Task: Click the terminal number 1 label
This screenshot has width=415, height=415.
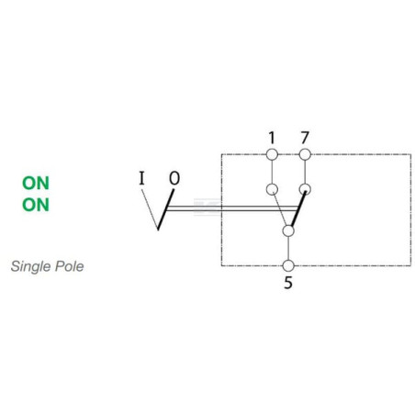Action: (272, 138)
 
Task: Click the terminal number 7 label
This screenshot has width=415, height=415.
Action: (305, 138)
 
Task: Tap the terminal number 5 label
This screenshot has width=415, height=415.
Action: (288, 283)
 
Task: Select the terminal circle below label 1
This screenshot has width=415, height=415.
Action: (272, 154)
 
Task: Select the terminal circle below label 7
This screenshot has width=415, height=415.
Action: (305, 154)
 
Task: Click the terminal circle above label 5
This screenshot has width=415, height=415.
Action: (288, 265)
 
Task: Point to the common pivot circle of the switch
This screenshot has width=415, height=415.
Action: (288, 230)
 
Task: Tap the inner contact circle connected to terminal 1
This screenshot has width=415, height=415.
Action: (272, 189)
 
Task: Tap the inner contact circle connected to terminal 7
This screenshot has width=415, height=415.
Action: (305, 189)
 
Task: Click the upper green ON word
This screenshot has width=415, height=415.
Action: (36, 183)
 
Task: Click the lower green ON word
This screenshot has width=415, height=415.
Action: (36, 205)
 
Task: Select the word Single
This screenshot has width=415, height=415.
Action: (30, 266)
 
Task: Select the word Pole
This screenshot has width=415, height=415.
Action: (69, 266)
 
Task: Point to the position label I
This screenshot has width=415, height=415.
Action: (141, 178)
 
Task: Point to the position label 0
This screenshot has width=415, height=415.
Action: (174, 178)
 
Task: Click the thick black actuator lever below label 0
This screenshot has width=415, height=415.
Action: (165, 209)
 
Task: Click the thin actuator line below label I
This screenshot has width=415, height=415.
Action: (150, 209)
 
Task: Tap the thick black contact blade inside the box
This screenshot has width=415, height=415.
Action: (298, 209)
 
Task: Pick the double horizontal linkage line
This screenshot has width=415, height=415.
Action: (231, 208)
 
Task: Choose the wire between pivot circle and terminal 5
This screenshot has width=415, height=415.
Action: (288, 248)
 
